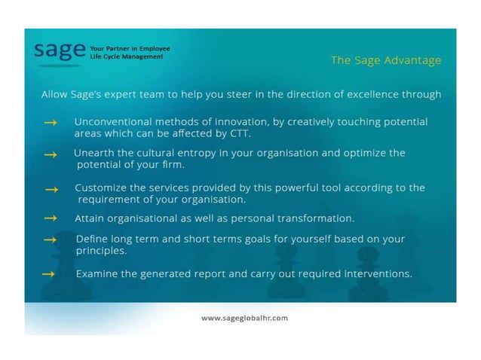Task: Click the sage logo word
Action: coord(59,51)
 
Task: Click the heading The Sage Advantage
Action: coord(386,60)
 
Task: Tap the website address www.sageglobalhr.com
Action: coord(244,318)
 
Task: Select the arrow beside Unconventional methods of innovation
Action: coord(51,122)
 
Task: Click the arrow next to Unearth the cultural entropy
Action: coord(51,154)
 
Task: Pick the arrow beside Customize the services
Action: coord(51,189)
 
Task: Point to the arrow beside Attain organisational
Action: coord(51,218)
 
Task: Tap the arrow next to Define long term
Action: coord(51,239)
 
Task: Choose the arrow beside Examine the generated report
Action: coord(48,274)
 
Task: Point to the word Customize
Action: coord(100,188)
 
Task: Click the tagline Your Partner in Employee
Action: coord(130,48)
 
